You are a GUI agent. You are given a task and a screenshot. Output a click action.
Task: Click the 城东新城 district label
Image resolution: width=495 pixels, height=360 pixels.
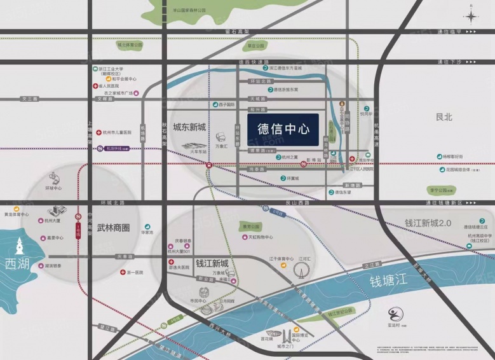(189, 127)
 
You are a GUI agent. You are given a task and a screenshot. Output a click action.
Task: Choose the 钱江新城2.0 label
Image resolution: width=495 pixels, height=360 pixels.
(427, 223)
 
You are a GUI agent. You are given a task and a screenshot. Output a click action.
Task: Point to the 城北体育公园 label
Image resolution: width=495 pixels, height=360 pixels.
(130, 45)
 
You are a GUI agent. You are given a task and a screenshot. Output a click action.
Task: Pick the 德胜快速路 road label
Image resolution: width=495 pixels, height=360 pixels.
(250, 62)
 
